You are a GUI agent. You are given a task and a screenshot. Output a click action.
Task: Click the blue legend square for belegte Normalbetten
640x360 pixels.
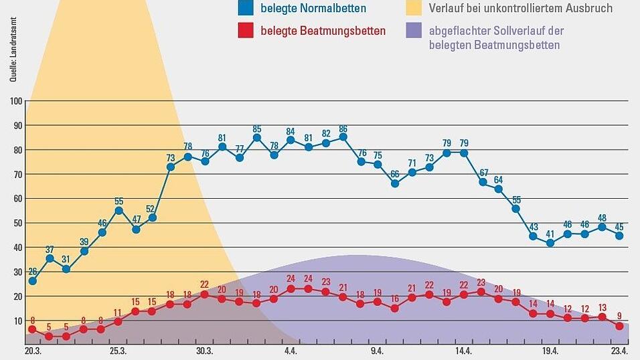coord(244,9)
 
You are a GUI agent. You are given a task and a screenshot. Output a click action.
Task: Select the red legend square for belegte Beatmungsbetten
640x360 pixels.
coord(244,31)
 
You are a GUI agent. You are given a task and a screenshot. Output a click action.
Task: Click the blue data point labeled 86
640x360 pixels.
coord(343,137)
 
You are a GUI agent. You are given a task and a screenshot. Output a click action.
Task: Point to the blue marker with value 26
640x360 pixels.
coord(32,281)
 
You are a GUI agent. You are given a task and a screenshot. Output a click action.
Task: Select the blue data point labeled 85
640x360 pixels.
coord(257,138)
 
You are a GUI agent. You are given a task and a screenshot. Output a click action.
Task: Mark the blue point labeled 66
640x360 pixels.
coord(395,183)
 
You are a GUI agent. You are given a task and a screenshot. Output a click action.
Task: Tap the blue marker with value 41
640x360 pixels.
coord(550,243)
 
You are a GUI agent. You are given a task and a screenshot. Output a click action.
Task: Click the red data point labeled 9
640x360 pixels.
coord(619,326)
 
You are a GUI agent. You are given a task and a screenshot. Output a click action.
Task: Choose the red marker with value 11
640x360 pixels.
coord(118,321)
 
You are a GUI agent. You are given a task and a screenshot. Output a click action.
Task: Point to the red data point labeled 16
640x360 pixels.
coord(395,308)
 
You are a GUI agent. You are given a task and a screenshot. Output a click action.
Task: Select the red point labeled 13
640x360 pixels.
coord(602,317)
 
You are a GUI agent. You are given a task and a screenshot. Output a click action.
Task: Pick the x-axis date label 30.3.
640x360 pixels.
coord(204,351)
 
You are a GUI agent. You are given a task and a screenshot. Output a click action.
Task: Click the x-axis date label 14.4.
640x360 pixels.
coord(463,351)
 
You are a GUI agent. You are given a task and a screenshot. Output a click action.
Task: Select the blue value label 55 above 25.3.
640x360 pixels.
coord(118,201)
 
